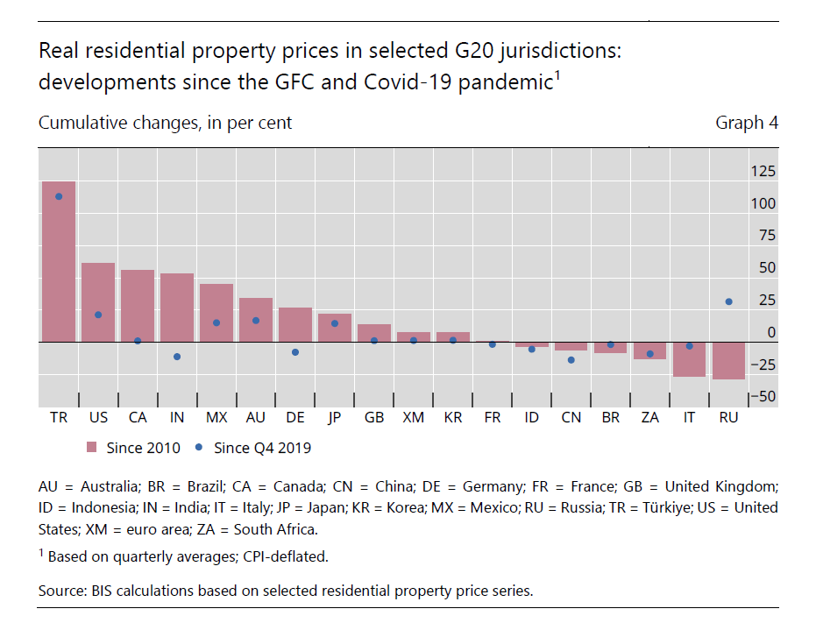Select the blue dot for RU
coord(728,301)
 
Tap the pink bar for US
coord(98,301)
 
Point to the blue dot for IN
coord(177,357)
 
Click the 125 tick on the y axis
coord(763,171)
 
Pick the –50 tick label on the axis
coord(761,397)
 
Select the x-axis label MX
coord(216,418)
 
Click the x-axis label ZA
coord(649,418)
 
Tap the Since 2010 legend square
coord(91,448)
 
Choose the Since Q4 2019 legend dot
coord(199,447)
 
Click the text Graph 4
coord(747,123)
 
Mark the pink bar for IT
coord(689,359)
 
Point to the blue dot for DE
coord(295,352)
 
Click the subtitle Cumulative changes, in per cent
coord(165,123)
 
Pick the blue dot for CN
coord(571,360)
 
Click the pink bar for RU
coord(728,361)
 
